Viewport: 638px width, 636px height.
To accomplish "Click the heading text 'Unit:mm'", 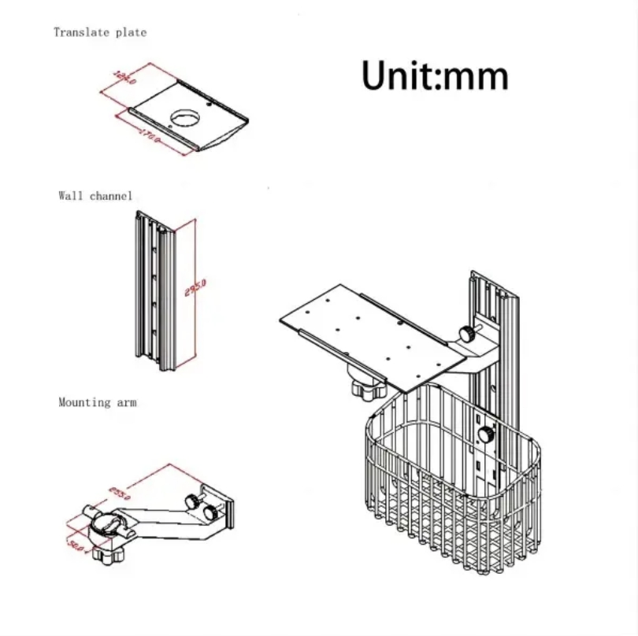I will pyautogui.click(x=435, y=76).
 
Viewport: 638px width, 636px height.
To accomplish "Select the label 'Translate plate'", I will pyautogui.click(x=99, y=32).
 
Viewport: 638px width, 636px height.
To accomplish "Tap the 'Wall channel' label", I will pyautogui.click(x=95, y=195).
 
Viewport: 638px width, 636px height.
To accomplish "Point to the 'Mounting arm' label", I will pyautogui.click(x=97, y=402).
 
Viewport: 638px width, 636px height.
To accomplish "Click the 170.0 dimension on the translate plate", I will pyautogui.click(x=150, y=135).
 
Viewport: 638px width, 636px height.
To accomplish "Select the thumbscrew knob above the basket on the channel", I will pyautogui.click(x=469, y=334).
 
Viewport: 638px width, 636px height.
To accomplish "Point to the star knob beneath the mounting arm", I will pyautogui.click(x=104, y=554).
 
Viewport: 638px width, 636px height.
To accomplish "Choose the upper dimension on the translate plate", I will pyautogui.click(x=124, y=79).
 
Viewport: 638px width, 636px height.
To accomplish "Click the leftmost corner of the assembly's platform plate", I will pyautogui.click(x=282, y=320).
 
